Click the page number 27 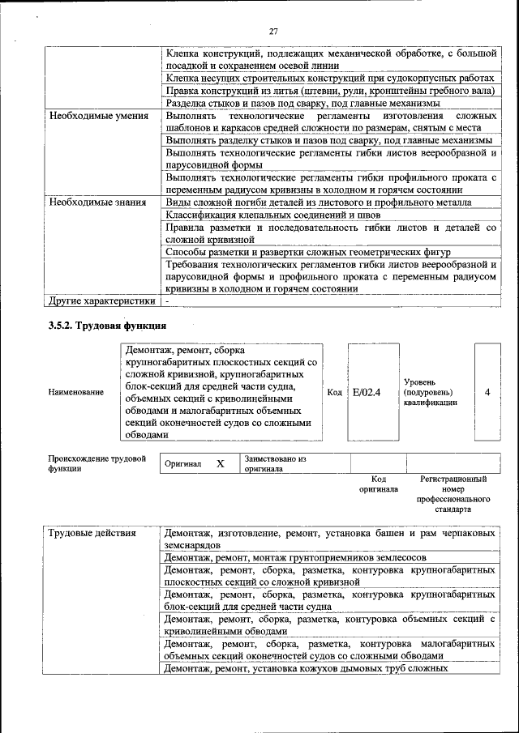point(274,31)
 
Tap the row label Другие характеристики point(101,300)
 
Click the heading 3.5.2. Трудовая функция point(107,326)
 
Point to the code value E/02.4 point(367,392)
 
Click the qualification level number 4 point(487,392)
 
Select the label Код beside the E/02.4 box point(334,392)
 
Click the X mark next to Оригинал point(220,464)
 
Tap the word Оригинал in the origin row point(183,465)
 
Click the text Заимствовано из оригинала point(274,463)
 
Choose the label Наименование point(76,393)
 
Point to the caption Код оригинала point(378,484)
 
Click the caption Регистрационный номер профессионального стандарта point(453,494)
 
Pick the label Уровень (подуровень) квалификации point(430,392)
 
